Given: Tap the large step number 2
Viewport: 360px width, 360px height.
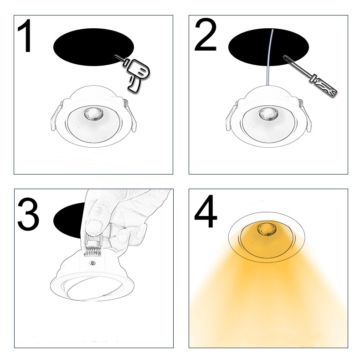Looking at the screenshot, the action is [206, 35].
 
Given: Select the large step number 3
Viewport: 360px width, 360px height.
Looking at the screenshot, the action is [28, 214].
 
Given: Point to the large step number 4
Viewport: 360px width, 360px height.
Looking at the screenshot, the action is [206, 211].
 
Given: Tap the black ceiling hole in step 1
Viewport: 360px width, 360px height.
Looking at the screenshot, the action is [93, 47].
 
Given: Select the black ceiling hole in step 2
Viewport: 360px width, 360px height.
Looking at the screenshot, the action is [268, 47].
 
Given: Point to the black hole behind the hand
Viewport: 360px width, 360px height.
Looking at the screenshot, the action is [69, 221].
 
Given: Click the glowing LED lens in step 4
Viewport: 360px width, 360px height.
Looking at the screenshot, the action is [266, 228].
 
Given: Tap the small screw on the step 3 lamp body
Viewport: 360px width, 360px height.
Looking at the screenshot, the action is [93, 263].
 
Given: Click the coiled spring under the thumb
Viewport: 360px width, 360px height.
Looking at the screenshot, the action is [93, 251].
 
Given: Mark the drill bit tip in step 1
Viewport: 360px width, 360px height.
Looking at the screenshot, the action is [115, 56].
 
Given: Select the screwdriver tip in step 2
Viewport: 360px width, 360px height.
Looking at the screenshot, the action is [284, 56].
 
